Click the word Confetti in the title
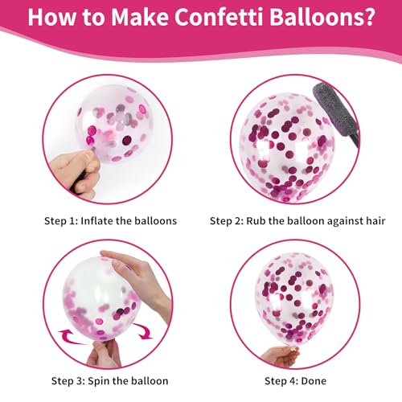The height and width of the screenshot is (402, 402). point(219,17)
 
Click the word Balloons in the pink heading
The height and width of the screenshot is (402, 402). point(314,17)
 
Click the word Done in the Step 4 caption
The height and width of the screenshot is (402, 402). point(314,381)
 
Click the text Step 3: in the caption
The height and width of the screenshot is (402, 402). point(68,381)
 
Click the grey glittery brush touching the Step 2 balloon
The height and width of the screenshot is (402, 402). point(336,113)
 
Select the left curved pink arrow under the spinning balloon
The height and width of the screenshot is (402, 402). point(70,337)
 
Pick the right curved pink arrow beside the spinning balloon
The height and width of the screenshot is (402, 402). point(143,331)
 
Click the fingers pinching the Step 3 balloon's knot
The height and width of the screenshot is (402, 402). point(104,353)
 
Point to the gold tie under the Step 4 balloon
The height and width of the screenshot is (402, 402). point(293,350)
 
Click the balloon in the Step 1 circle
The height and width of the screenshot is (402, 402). point(115,123)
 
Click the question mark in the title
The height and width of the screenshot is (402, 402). point(368,17)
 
